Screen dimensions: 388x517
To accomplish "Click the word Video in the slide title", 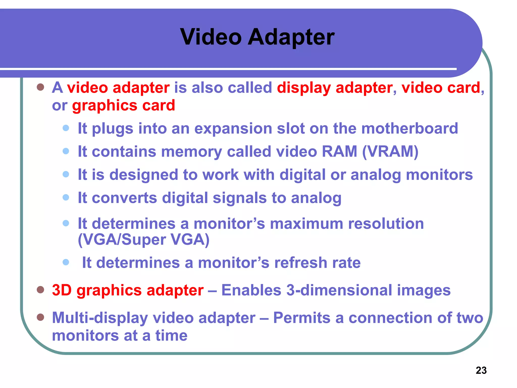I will pos(211,37).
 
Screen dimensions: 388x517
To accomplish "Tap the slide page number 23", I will pos(481,370).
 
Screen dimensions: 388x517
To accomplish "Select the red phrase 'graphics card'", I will pos(123,105).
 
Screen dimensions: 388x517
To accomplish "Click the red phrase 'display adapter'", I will pos(335,88).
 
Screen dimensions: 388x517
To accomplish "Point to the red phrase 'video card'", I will pos(441,88).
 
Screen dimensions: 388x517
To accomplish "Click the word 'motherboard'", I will pos(409,128).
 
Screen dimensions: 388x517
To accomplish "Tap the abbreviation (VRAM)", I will pos(390,152).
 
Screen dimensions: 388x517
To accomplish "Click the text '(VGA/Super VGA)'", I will pos(144,239).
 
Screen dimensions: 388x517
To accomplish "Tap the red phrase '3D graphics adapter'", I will pos(128,290).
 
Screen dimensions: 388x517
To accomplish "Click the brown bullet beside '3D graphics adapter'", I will pos(40,289).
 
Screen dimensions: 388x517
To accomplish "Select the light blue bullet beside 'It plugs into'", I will pos(66,128).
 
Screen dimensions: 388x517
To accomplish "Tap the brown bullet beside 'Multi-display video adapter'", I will pos(40,317).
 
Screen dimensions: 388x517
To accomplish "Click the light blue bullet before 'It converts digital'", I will pos(66,197).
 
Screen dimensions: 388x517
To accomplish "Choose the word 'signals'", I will pos(240,198).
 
